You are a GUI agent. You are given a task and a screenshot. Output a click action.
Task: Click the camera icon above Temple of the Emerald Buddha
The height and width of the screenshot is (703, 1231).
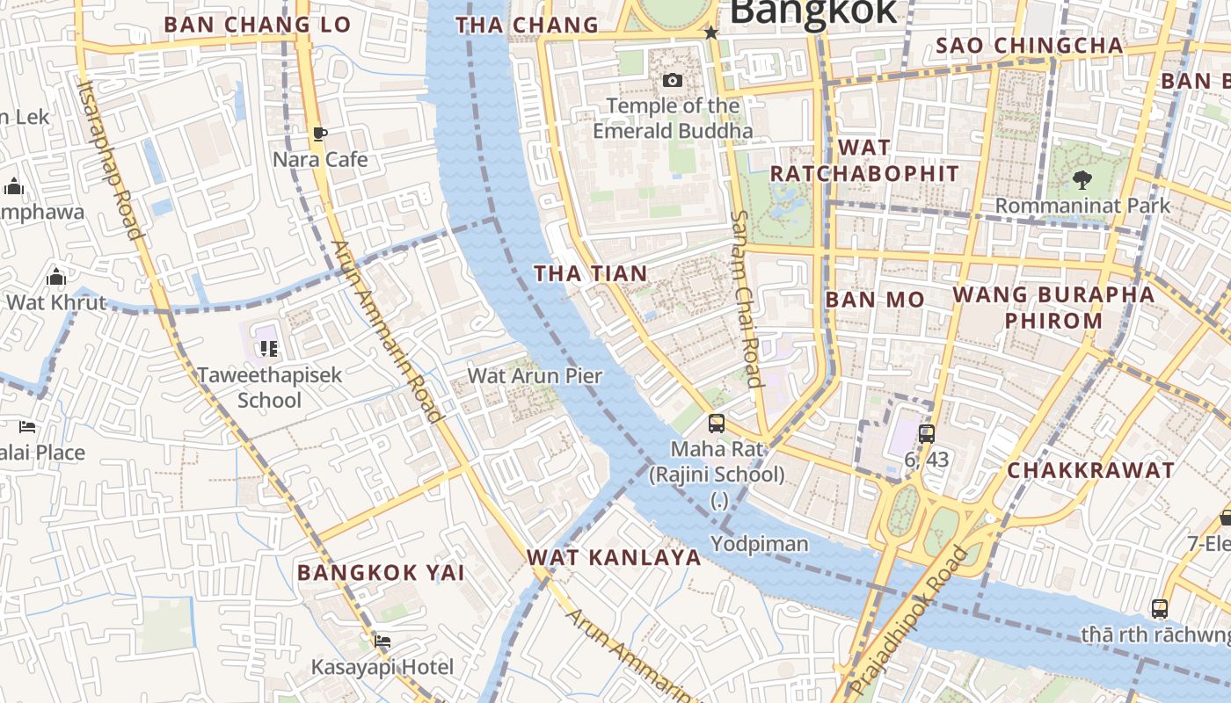673,81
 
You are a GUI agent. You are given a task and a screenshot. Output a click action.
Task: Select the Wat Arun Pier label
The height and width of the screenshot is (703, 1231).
535,376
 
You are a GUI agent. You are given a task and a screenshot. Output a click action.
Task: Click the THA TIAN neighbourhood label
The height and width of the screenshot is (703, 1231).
591,273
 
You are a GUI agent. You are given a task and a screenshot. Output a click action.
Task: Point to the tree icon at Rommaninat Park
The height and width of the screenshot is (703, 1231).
1082,180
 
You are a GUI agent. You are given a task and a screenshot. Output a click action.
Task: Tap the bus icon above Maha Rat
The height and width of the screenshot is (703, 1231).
717,424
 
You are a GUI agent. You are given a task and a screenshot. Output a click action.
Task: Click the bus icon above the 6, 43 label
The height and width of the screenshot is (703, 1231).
926,433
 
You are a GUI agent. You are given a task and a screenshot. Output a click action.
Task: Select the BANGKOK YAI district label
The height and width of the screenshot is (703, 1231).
381,573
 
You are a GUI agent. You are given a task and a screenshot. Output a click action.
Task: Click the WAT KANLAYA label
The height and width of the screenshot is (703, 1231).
614,557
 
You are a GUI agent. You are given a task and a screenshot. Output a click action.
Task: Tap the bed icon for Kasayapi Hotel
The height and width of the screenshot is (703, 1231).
382,641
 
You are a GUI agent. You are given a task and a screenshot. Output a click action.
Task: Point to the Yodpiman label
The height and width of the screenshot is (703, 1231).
760,544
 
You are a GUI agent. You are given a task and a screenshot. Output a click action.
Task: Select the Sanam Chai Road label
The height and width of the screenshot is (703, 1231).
745,299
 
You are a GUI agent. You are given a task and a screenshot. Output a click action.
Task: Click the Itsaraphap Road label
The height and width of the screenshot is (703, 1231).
111,159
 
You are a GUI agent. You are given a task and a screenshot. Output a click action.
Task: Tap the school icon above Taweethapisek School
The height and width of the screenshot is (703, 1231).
269,349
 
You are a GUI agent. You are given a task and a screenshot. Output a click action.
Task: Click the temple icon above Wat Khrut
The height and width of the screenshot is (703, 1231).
56,278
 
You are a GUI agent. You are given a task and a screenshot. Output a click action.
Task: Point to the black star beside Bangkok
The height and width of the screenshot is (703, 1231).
711,33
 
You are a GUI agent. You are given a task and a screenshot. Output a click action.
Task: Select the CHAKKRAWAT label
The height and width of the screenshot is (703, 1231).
1090,470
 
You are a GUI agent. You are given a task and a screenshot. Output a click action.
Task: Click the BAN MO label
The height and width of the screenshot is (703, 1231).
875,300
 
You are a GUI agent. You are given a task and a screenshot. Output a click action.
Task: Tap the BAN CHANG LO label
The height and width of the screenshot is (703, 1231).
258,25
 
